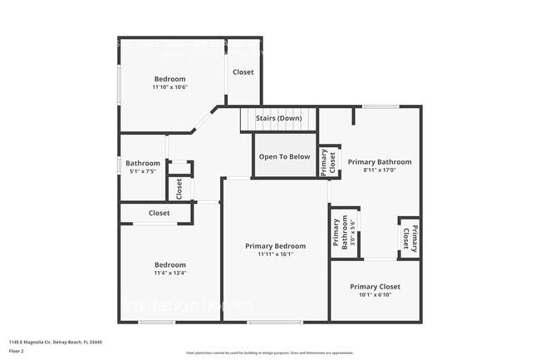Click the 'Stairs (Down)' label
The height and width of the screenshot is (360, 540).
click(x=278, y=118)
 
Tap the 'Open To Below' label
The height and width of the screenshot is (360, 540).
click(x=284, y=156)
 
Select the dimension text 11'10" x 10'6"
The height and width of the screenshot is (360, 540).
click(x=169, y=86)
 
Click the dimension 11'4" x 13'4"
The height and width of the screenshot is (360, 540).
click(x=169, y=273)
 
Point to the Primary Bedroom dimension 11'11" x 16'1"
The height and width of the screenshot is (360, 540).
click(x=275, y=254)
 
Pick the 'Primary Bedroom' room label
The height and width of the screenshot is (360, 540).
click(x=275, y=246)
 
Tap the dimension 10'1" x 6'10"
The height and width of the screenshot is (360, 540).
click(x=375, y=294)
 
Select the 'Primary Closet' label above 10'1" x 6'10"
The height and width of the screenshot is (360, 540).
click(x=375, y=286)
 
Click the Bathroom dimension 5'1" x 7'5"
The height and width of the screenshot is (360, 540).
click(x=142, y=171)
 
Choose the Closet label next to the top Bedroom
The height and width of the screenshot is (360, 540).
click(x=243, y=72)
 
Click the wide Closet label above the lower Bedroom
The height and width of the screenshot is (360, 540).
click(x=159, y=213)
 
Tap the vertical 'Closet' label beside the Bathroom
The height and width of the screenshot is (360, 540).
click(x=179, y=189)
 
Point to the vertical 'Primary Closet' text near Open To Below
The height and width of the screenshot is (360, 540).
click(x=328, y=162)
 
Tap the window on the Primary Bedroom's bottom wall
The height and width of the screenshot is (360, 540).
click(x=274, y=323)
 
